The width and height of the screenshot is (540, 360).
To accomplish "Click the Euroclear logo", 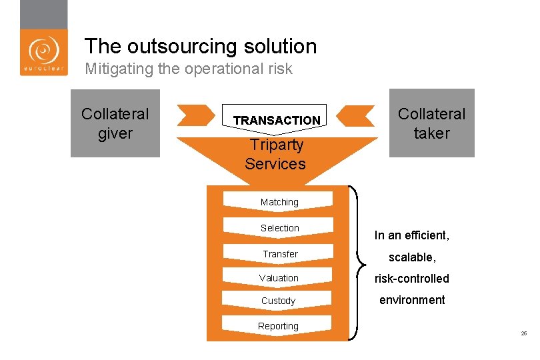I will coord(43,52).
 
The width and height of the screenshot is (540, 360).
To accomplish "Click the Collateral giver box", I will coord(115,123).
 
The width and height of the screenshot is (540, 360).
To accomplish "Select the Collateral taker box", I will coord(432,123).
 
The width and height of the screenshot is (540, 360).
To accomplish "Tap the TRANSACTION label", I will coord(277,120).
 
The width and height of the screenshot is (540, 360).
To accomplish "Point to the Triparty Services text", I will coord(275,154).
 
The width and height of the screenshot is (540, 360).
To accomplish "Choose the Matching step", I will coord(279,202).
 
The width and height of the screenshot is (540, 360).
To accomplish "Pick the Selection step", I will coord(279,228).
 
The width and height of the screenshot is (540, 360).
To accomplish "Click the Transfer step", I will coord(279,254).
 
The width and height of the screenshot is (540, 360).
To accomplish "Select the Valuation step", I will coord(279,278).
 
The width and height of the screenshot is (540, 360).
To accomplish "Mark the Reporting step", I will coord(278,326).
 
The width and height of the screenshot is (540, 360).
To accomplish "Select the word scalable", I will coord(411,257).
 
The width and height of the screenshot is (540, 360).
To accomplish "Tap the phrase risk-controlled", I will coord(411,279).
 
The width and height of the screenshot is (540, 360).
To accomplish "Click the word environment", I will coord(412,300).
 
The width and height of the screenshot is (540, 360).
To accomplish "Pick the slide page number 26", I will coord(524,333).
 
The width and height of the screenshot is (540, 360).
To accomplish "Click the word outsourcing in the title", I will coord(177,46).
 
